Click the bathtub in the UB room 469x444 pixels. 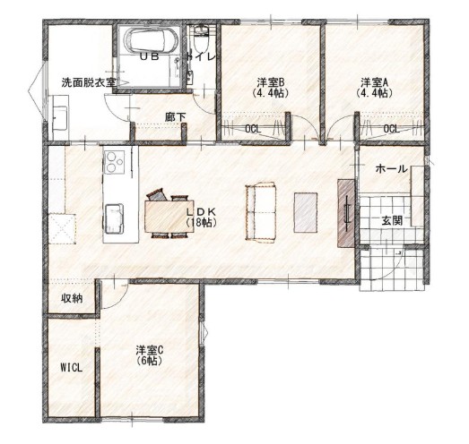point(147,40)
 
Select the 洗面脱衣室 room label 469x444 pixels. point(89,82)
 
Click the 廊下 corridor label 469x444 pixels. point(175,117)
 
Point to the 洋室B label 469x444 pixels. point(270,81)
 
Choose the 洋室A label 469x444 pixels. point(374,81)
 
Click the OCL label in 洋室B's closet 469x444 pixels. point(253,129)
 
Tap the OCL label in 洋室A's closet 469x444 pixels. point(391,129)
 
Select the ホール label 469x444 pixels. point(391,169)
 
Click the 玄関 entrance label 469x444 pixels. point(392,221)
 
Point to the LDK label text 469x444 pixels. point(201,211)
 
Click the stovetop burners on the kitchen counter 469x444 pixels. point(114,162)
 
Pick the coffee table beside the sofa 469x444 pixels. point(306,212)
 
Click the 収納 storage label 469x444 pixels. point(72,298)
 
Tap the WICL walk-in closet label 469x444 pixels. point(71,368)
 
